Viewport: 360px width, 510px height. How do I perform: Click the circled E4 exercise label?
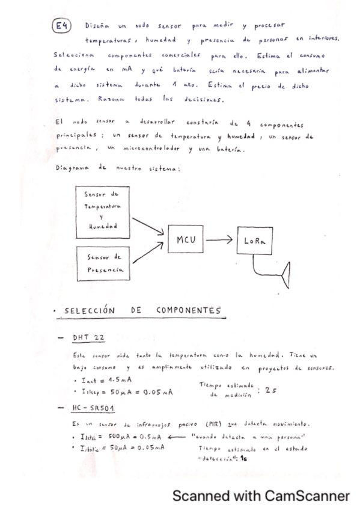tap(63, 26)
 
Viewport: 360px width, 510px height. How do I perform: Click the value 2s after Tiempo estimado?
tap(270, 390)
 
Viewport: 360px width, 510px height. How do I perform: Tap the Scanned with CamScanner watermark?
tap(261, 496)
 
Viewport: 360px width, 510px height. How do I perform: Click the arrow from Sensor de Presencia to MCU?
tap(148, 253)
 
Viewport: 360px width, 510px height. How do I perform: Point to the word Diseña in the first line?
tap(96, 26)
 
